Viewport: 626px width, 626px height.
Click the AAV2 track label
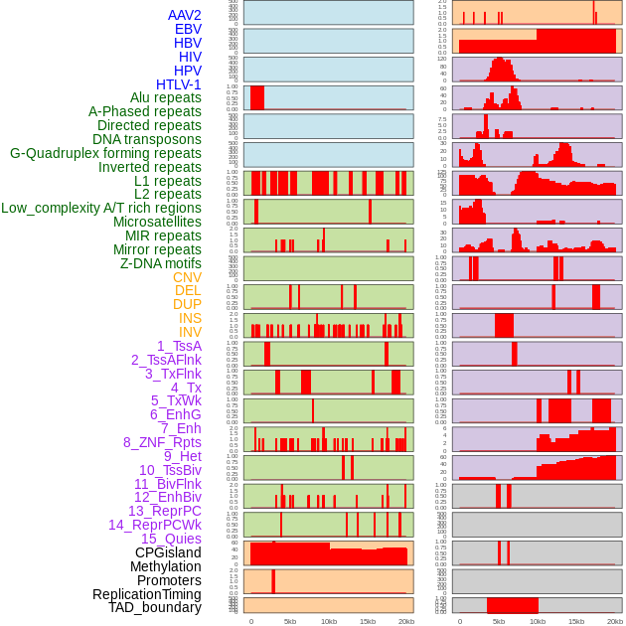pyautogui.click(x=184, y=15)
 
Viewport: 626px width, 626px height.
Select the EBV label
pyautogui.click(x=188, y=29)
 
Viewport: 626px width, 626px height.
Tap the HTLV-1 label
pyautogui.click(x=178, y=84)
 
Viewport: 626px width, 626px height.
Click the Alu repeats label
pyautogui.click(x=166, y=97)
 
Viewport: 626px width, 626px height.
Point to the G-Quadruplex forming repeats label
pyautogui.click(x=105, y=153)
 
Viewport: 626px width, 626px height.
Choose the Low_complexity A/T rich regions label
pyautogui.click(x=101, y=208)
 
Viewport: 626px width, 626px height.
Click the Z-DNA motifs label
pyautogui.click(x=161, y=263)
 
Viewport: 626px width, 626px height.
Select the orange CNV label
pyautogui.click(x=187, y=277)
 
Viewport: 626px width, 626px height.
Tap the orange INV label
pyautogui.click(x=190, y=332)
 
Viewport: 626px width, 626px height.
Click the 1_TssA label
pyautogui.click(x=179, y=346)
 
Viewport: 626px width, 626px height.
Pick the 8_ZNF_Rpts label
pyautogui.click(x=162, y=442)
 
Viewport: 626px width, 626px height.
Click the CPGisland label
pyautogui.click(x=168, y=552)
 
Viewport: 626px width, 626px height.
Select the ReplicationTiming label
pyautogui.click(x=147, y=594)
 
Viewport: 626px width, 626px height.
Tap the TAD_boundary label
pyautogui.click(x=155, y=607)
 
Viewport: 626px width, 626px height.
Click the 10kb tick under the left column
pyautogui.click(x=328, y=621)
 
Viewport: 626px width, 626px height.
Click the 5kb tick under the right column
pyautogui.click(x=499, y=621)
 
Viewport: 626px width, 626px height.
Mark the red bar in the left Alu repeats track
pyautogui.click(x=257, y=97)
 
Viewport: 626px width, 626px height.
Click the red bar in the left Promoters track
pyautogui.click(x=273, y=580)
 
